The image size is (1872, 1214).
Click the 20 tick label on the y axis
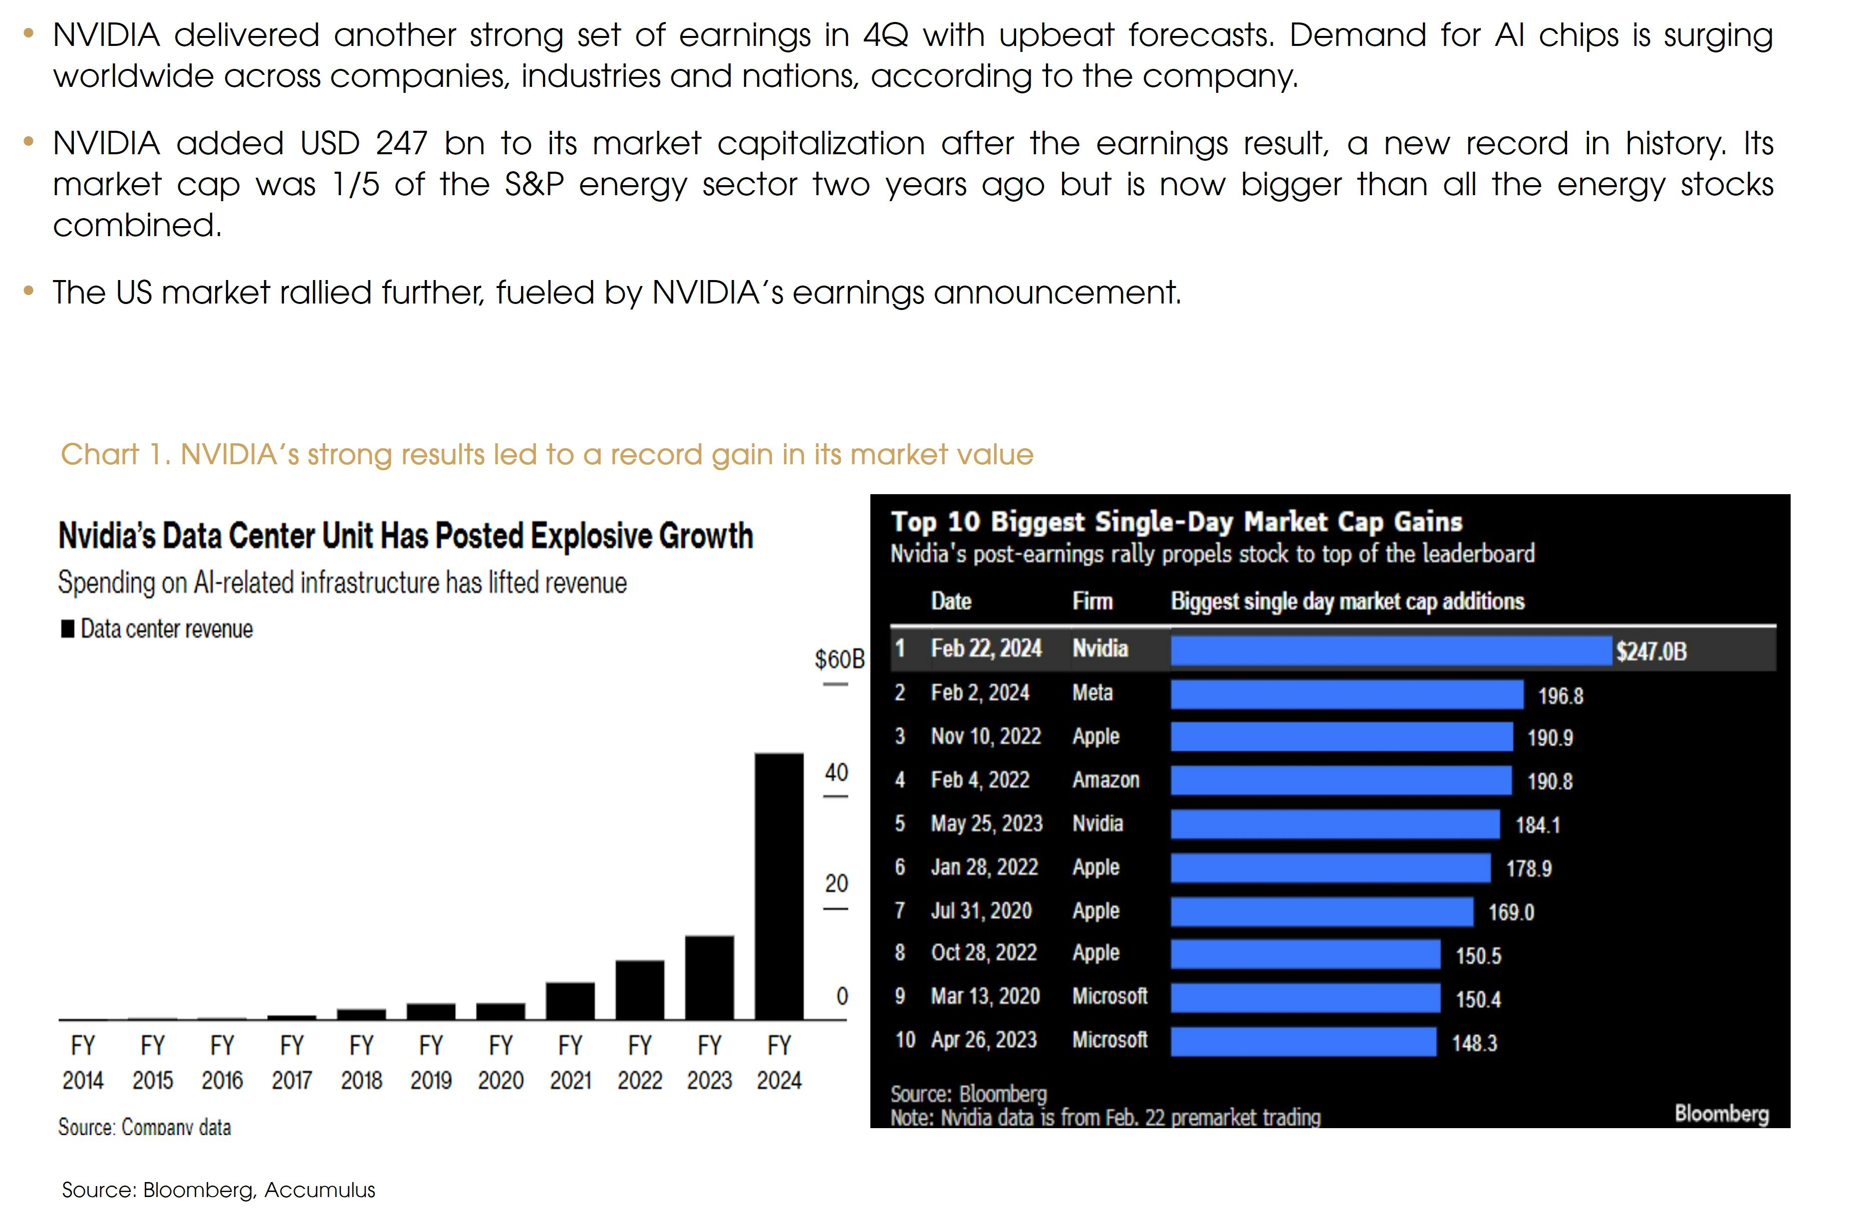click(836, 884)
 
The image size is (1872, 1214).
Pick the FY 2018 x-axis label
click(361, 1062)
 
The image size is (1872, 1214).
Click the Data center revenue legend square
click(68, 628)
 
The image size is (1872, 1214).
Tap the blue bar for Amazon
click(1340, 781)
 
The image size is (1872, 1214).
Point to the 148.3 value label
click(1474, 1043)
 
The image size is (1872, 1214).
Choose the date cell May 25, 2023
click(986, 824)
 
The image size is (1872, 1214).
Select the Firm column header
click(1092, 602)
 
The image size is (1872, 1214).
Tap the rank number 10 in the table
click(904, 1040)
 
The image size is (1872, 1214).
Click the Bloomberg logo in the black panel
click(1721, 1113)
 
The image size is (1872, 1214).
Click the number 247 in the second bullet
click(401, 144)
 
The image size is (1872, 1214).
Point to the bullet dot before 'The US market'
click(29, 291)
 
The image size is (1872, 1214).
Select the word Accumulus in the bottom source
click(319, 1190)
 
